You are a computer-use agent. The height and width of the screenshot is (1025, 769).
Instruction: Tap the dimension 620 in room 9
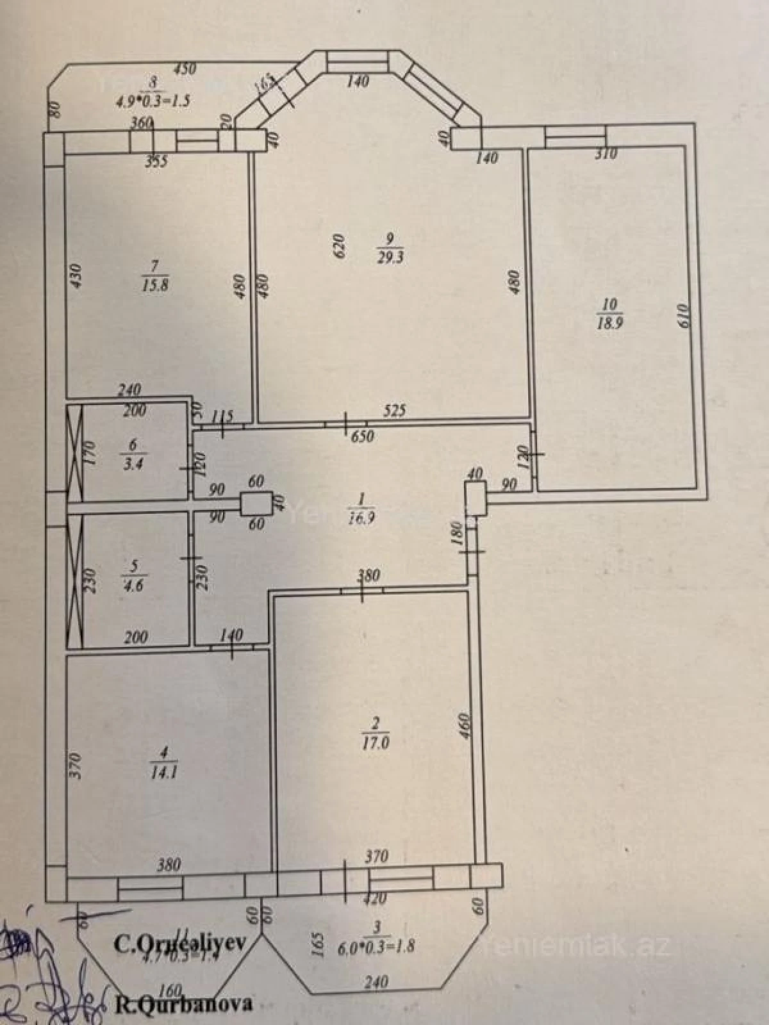(x=340, y=245)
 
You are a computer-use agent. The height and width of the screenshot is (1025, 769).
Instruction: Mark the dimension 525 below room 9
(x=395, y=411)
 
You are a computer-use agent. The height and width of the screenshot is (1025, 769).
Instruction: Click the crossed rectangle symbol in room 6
(x=76, y=452)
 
